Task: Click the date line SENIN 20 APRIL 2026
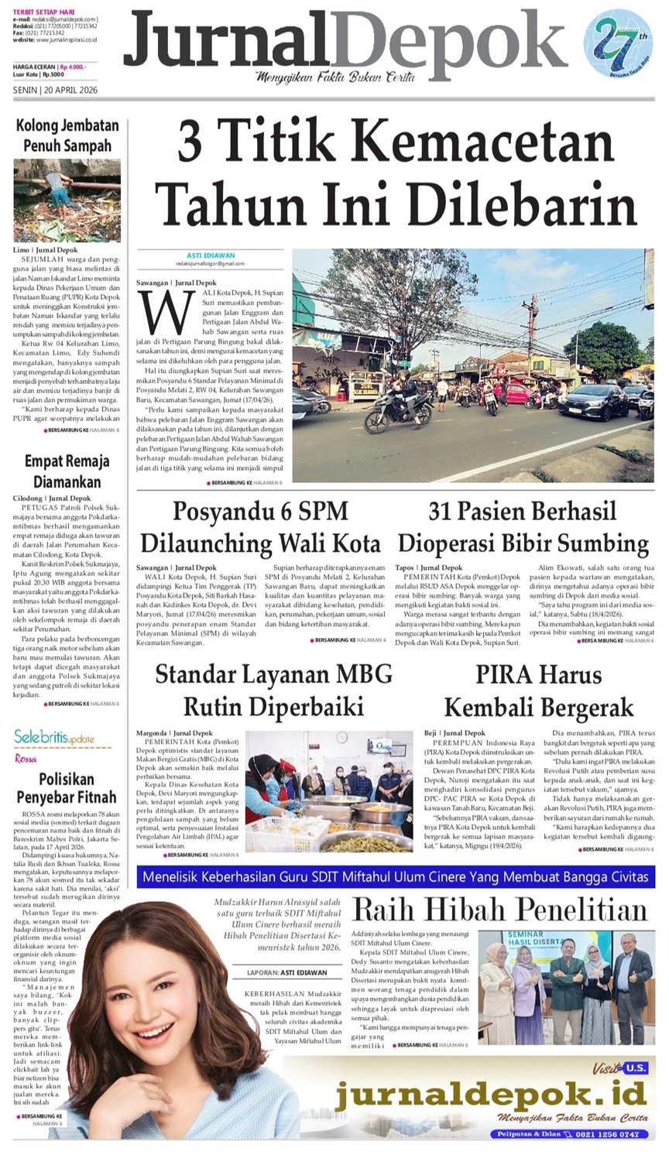[55, 89]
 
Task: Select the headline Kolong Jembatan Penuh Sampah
[67, 135]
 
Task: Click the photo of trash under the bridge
[67, 200]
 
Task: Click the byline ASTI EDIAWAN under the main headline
[211, 255]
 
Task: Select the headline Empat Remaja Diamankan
[67, 471]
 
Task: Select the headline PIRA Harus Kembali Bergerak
[538, 691]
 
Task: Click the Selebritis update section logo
[54, 738]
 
